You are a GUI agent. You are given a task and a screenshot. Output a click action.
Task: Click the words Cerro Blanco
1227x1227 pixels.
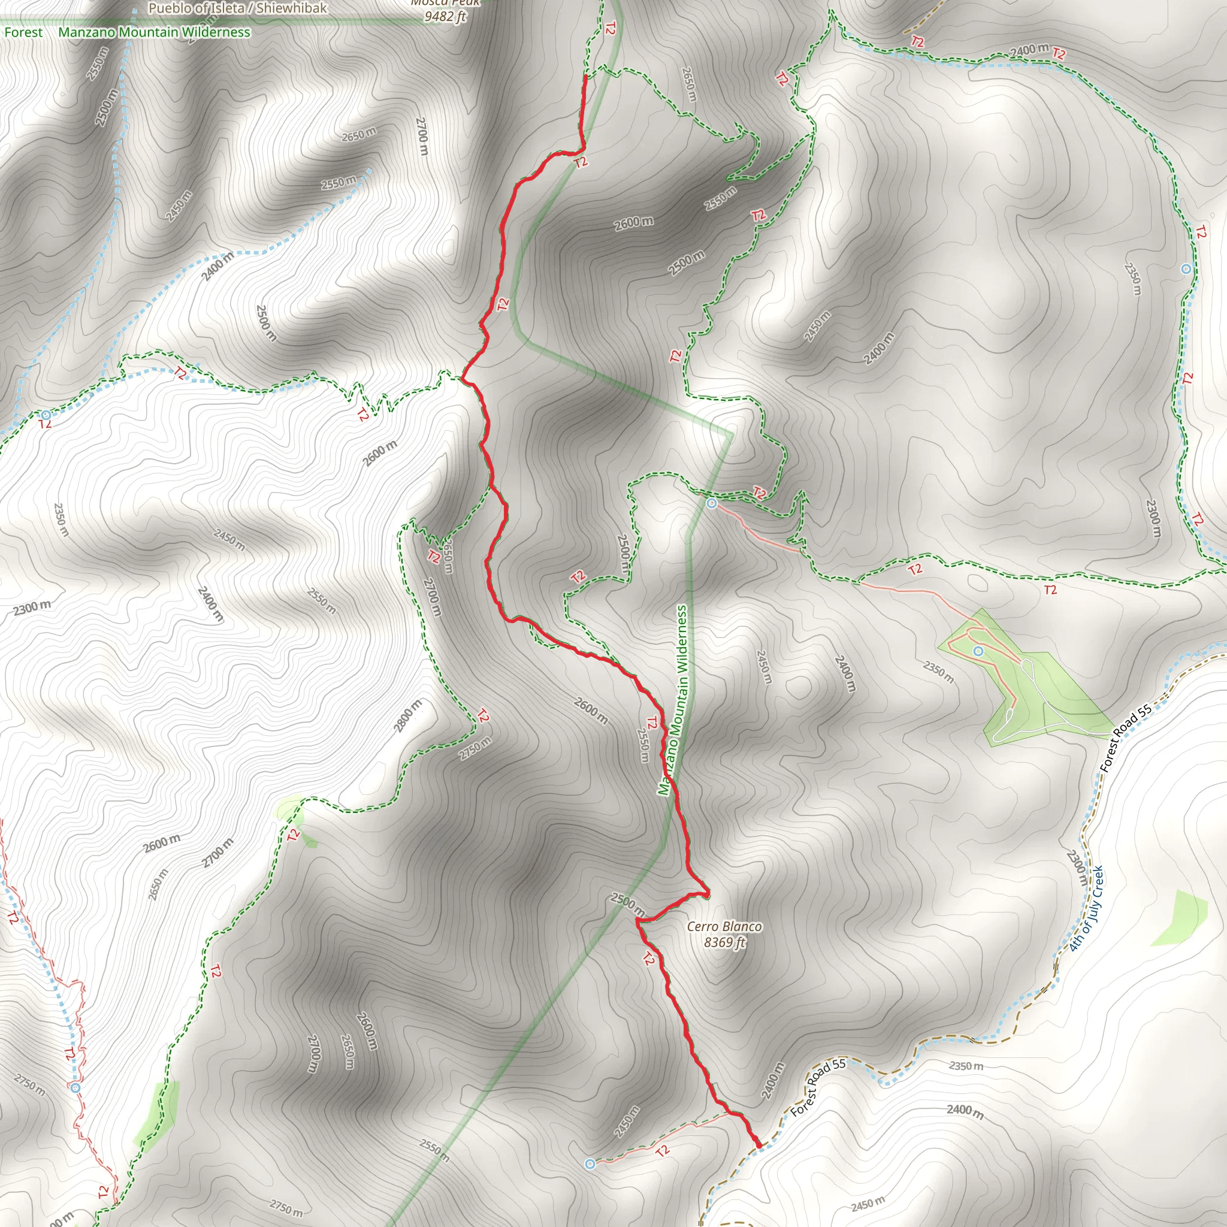[724, 927]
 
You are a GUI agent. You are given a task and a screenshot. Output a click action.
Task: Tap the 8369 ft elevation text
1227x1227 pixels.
[724, 942]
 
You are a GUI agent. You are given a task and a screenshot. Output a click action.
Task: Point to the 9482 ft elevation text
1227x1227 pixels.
[445, 17]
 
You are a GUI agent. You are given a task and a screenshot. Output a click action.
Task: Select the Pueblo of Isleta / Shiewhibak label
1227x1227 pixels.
[237, 8]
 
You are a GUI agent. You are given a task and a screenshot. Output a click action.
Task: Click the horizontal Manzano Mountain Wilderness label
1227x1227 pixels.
[155, 32]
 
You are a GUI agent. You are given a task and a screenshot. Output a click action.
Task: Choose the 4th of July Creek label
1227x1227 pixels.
[1087, 909]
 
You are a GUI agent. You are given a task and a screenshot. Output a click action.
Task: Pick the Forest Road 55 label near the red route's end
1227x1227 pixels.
[818, 1088]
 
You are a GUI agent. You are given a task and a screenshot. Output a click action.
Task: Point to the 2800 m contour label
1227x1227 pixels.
[408, 716]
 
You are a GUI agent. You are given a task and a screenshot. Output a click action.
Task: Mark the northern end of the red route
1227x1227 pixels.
[585, 77]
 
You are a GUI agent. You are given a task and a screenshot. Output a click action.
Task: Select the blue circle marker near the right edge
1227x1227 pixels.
[1186, 269]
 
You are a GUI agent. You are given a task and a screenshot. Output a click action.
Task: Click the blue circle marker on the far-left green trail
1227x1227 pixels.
[46, 415]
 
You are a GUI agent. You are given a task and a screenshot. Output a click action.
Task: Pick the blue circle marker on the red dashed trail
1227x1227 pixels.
[75, 1088]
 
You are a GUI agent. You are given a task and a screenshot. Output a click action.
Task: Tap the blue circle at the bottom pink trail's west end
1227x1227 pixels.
[590, 1163]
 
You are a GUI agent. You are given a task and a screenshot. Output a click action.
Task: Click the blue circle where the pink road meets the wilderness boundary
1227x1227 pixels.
[712, 504]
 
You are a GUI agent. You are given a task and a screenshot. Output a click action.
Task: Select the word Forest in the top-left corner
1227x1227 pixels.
[23, 32]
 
